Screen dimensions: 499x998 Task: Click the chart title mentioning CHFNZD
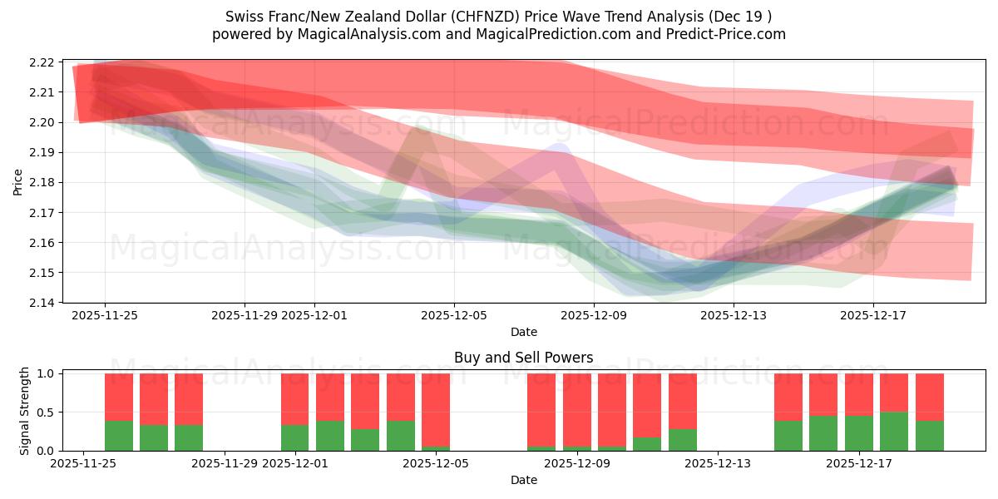(x=498, y=16)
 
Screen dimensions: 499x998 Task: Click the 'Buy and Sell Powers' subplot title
(x=523, y=358)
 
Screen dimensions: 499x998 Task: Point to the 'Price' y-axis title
(x=18, y=181)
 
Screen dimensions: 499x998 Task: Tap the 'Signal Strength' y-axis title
(x=25, y=412)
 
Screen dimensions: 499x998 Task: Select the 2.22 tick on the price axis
(x=42, y=62)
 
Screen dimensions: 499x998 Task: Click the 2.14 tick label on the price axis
(x=42, y=303)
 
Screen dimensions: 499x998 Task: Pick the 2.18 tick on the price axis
(x=42, y=182)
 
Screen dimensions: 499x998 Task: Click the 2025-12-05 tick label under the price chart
(x=454, y=316)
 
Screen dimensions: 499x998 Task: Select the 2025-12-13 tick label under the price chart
(x=734, y=316)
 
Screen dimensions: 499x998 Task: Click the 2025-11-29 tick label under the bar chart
(x=225, y=463)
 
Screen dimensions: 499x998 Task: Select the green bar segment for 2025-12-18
(x=894, y=431)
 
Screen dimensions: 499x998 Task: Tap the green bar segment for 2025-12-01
(x=295, y=437)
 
